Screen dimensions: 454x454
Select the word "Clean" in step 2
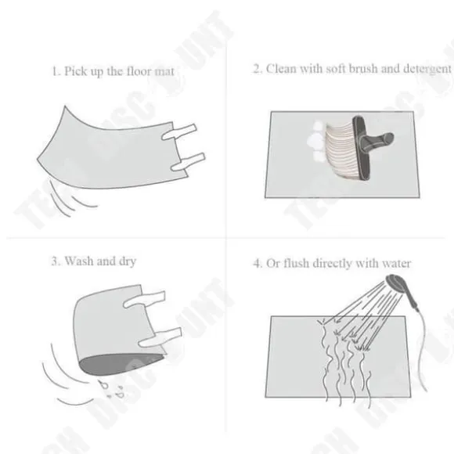(x=281, y=69)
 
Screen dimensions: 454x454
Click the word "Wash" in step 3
(x=79, y=261)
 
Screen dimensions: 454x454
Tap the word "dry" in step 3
(x=128, y=261)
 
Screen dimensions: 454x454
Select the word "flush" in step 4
(x=296, y=263)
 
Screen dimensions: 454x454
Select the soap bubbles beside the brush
(x=315, y=141)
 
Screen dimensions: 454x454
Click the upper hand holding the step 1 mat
(x=178, y=132)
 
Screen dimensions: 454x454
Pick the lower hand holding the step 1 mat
(x=188, y=162)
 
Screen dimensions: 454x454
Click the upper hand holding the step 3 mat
(x=144, y=299)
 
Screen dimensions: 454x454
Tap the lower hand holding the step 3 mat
(x=160, y=337)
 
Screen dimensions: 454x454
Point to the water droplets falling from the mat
(x=111, y=390)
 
